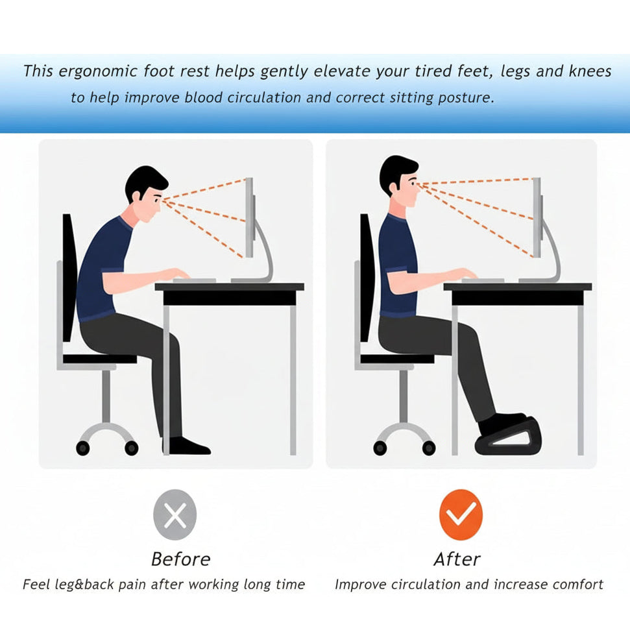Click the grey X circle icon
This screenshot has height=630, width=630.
pyautogui.click(x=175, y=515)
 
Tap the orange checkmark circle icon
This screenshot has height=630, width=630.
pyautogui.click(x=461, y=515)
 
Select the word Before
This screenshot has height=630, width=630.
pyautogui.click(x=181, y=559)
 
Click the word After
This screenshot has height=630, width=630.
pyautogui.click(x=457, y=559)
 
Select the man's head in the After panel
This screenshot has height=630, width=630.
pyautogui.click(x=400, y=181)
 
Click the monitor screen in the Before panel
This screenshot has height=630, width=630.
pyautogui.click(x=250, y=217)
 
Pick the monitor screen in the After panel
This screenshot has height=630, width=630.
pyautogui.click(x=537, y=217)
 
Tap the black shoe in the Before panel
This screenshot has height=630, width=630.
pyautogui.click(x=188, y=446)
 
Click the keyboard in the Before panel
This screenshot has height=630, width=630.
pyautogui.click(x=195, y=280)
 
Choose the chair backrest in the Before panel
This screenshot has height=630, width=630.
pyautogui.click(x=69, y=277)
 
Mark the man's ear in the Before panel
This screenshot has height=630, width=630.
pyautogui.click(x=136, y=196)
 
